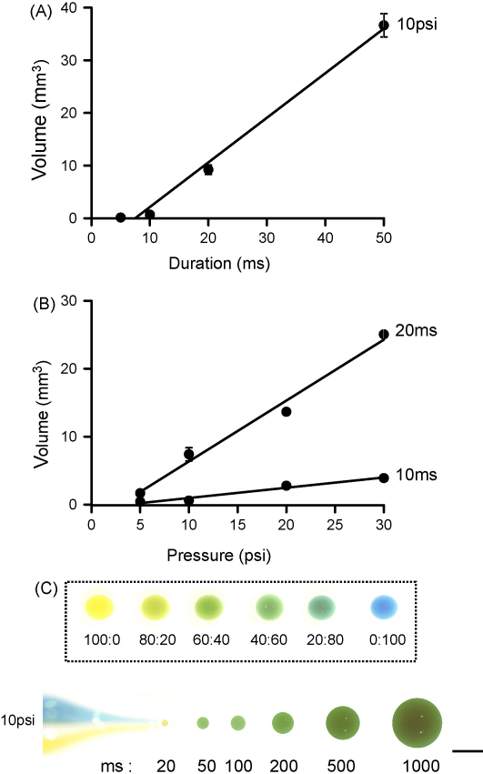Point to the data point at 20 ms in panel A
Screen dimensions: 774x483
point(208,169)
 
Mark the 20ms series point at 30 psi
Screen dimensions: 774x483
point(384,334)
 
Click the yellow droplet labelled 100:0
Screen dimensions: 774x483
point(98,606)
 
